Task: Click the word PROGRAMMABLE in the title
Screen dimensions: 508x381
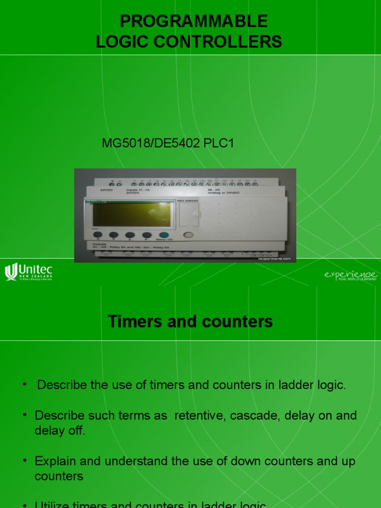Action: (194, 21)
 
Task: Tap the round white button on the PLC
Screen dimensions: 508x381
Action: (188, 235)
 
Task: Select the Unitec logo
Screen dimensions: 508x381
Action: (28, 272)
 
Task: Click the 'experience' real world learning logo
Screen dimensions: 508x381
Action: (351, 275)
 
